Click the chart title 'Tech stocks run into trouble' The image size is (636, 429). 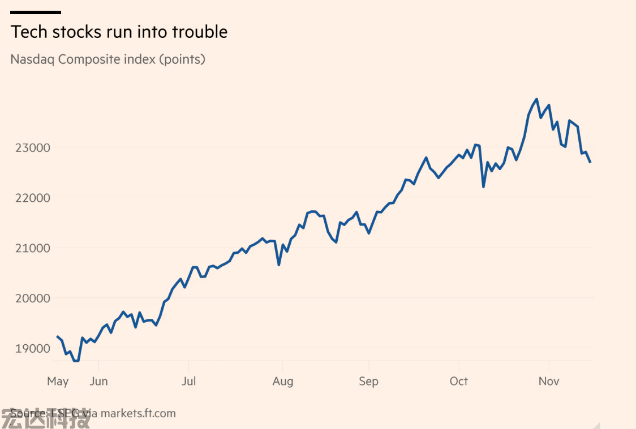tap(119, 32)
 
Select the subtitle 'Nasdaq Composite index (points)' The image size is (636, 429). tap(108, 59)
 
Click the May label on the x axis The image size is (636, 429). tap(58, 381)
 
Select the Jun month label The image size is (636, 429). tap(98, 381)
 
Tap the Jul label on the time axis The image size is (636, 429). tap(188, 381)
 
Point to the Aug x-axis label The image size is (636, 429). tap(282, 381)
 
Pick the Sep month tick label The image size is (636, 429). tap(368, 381)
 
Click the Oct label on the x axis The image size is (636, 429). tap(458, 381)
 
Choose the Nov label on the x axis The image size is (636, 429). tap(549, 381)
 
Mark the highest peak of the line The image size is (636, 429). tap(536, 99)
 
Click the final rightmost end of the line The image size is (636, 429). tap(590, 162)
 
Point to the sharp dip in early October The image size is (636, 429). tap(483, 187)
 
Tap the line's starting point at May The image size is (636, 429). tap(57, 336)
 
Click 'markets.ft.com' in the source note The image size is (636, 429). tap(138, 413)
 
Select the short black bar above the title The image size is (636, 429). tap(36, 12)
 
